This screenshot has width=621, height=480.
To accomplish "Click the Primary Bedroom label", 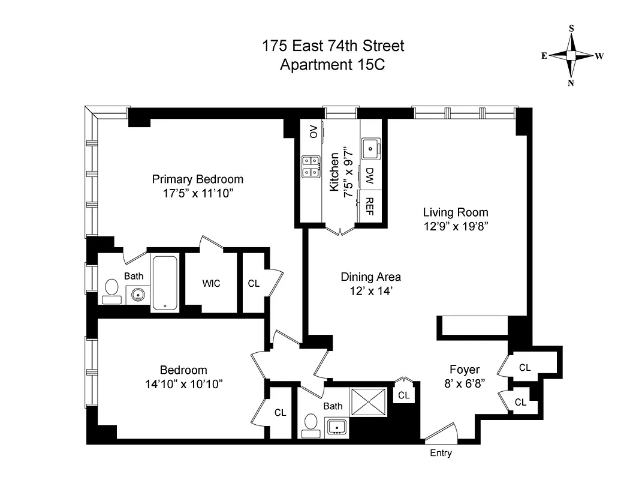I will coord(197,179).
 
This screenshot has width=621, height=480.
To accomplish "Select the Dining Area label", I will coord(370,277).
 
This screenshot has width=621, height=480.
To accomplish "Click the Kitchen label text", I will coord(334,172).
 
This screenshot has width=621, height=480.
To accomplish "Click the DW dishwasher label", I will coord(370,175).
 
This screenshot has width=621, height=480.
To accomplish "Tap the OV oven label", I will coord(312,132).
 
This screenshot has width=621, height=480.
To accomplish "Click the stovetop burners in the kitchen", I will coord(311,166).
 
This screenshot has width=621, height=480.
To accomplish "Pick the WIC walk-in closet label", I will coord(211,283).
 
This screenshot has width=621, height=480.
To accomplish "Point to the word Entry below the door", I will coord(441,454).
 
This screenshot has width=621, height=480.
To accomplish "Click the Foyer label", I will coord(465,369).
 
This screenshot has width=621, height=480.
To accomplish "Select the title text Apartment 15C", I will coord(333,64).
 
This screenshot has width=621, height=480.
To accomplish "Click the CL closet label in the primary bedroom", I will coord(254,283).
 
